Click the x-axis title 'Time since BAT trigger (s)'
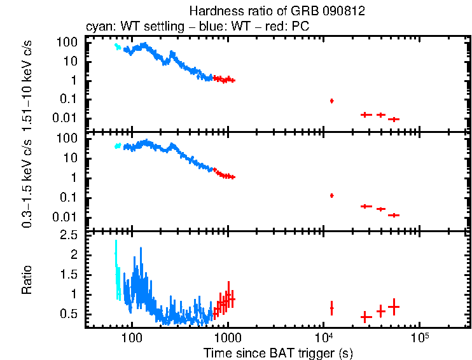click(277, 352)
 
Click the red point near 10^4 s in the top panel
click(331, 100)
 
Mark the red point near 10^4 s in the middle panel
click(331, 195)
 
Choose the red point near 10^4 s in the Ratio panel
click(331, 308)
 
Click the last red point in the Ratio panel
click(394, 307)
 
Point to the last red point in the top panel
click(394, 119)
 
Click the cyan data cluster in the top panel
click(117, 46)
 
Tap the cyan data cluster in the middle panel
click(117, 146)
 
